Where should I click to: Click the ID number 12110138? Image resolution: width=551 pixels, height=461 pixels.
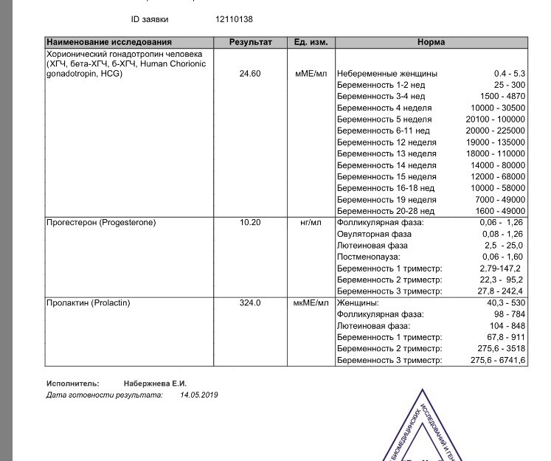click(x=234, y=19)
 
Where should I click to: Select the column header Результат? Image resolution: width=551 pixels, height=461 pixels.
click(x=251, y=43)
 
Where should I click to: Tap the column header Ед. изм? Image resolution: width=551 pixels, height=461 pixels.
click(x=311, y=43)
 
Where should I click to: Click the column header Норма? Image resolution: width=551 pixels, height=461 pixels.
click(x=431, y=43)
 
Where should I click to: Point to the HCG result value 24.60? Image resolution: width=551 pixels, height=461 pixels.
click(x=251, y=74)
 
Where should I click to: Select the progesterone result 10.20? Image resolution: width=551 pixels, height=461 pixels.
click(x=251, y=222)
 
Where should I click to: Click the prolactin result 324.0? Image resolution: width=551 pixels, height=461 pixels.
click(x=251, y=303)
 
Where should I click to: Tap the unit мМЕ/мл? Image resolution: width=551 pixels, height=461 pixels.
click(x=311, y=74)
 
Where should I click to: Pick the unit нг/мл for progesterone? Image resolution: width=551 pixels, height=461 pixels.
click(x=311, y=222)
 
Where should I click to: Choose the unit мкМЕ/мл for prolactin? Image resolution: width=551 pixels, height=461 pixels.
click(x=311, y=303)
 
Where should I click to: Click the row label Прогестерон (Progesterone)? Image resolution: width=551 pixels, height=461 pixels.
click(x=101, y=222)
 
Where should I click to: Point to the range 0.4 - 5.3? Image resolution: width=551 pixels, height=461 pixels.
click(x=509, y=74)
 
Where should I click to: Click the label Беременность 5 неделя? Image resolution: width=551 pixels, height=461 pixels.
click(x=384, y=119)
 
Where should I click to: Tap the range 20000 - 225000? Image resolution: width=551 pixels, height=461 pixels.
click(x=498, y=131)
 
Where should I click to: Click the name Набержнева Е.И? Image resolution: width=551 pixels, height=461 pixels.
click(x=155, y=384)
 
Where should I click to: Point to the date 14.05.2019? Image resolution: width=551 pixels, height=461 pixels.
click(x=198, y=395)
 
